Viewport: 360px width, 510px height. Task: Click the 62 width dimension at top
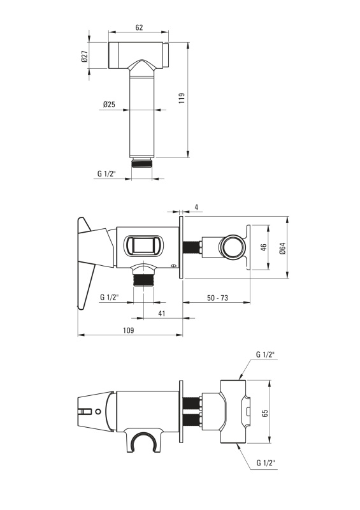(139, 27)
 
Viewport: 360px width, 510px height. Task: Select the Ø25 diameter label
(109, 105)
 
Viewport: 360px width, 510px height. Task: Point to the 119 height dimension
(182, 98)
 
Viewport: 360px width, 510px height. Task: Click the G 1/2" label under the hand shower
(106, 173)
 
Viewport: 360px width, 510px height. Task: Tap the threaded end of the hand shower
(142, 163)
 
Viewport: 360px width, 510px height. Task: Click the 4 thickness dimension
(196, 207)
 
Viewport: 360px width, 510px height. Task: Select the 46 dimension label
(264, 247)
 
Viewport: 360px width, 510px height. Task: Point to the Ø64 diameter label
(282, 249)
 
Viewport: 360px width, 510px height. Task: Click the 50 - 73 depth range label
(217, 298)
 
